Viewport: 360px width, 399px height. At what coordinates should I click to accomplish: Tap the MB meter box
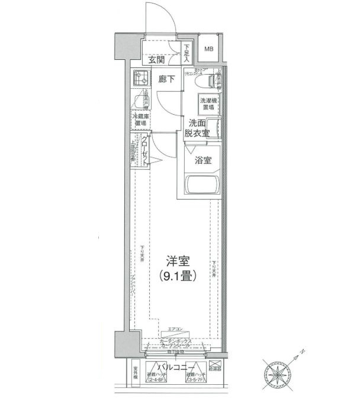(208, 50)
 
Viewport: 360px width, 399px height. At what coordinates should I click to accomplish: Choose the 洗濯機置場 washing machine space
(208, 104)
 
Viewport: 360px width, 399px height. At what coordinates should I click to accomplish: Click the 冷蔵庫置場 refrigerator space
(141, 121)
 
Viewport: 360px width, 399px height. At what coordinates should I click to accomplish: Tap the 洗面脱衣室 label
(198, 128)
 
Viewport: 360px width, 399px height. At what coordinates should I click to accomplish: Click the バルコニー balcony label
(176, 368)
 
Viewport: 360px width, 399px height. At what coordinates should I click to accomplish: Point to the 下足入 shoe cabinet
(187, 53)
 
